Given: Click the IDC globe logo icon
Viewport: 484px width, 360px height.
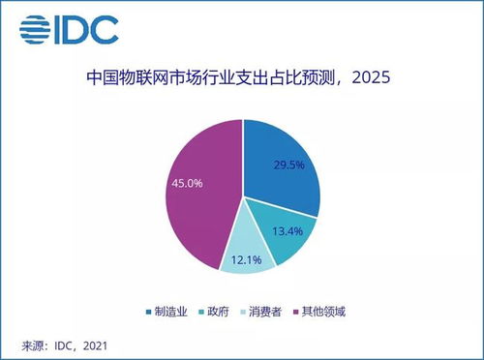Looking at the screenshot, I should (37, 28).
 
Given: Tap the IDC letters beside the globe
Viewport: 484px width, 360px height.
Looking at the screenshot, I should (87, 28).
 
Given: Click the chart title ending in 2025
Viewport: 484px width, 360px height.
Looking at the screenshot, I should (241, 77).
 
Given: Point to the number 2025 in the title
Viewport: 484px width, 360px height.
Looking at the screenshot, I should (368, 78).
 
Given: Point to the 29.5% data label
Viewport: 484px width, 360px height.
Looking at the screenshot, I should (287, 165).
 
